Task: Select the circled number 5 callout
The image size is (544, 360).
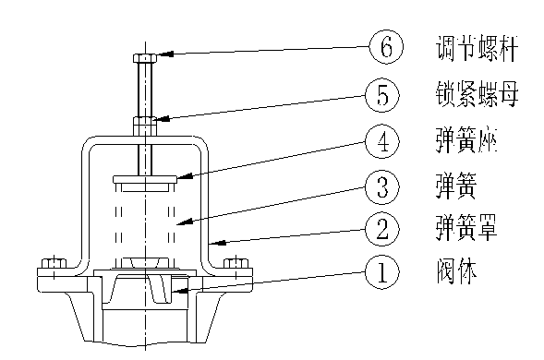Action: [387, 93]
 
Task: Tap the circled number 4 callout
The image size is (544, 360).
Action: [387, 141]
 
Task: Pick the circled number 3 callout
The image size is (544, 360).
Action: [387, 188]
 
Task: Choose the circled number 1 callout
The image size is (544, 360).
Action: [387, 273]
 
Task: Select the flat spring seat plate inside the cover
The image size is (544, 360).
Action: [146, 178]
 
